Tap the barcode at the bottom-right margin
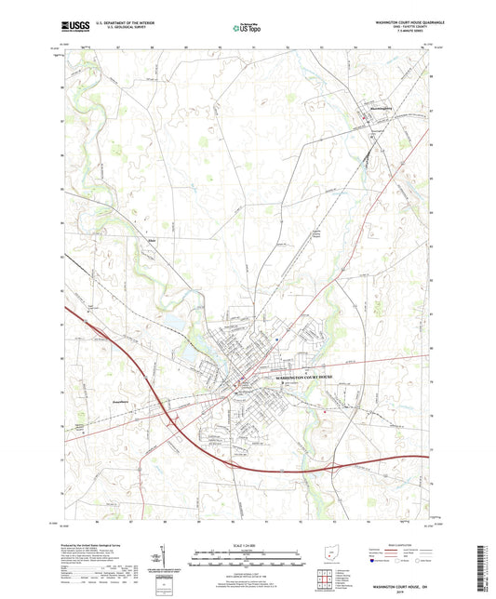(487, 567)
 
